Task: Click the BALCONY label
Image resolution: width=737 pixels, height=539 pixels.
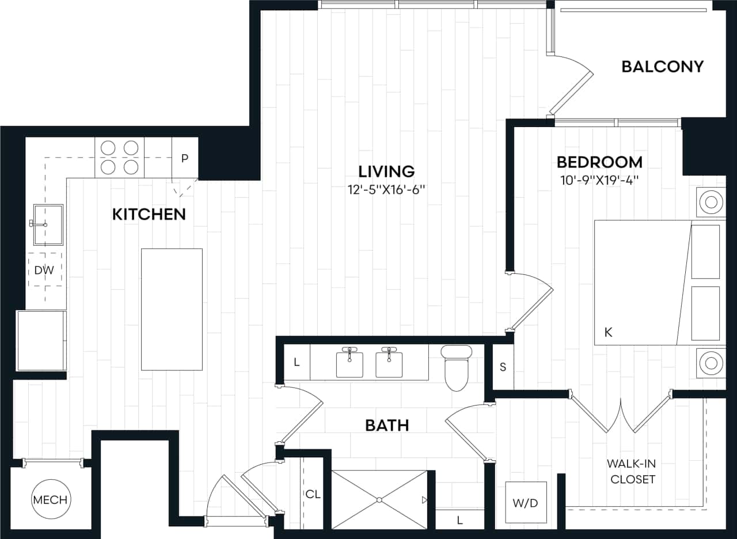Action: coord(662,67)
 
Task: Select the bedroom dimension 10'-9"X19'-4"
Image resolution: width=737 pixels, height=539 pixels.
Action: coord(599,179)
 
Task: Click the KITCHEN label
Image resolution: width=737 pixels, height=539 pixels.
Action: coord(149,215)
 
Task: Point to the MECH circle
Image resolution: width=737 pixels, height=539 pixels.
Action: coord(50,500)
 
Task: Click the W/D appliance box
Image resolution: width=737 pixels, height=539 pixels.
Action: coord(525,502)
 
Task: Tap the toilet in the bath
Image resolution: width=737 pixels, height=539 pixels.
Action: coord(457,368)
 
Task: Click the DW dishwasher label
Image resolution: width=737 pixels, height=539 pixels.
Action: coord(44,270)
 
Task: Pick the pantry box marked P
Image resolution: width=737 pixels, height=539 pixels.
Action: coord(185,158)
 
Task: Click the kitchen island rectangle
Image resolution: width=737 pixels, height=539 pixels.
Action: coord(172,309)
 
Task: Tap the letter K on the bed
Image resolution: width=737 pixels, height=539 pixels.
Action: coord(608,332)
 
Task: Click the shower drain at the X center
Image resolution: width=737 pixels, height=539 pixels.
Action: coord(379,500)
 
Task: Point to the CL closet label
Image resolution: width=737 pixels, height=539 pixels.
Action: coord(313,494)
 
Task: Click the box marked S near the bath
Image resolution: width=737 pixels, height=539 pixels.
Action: coord(503,367)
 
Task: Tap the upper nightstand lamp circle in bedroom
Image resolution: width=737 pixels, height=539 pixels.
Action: coord(711,202)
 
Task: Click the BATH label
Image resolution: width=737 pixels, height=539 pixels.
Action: coord(387,426)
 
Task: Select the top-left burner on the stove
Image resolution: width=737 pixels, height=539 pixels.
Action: coord(108,148)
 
